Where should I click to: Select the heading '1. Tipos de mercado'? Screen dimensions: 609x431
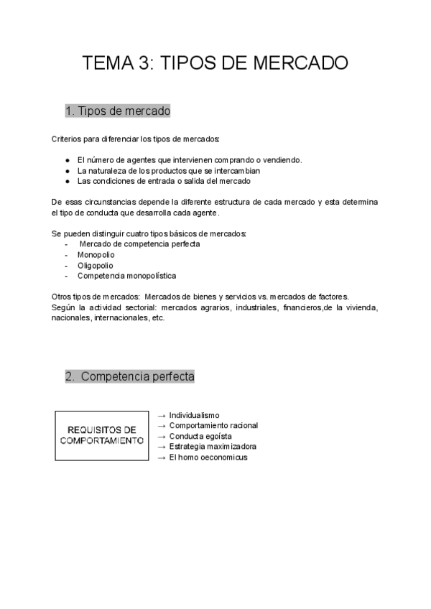118,111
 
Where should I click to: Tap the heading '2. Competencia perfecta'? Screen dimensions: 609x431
130,376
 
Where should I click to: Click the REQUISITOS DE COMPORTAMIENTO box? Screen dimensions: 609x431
101,435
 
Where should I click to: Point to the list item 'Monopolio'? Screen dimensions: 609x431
96,254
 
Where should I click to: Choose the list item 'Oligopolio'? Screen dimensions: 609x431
95,265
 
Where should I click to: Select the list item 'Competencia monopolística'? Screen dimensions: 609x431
126,276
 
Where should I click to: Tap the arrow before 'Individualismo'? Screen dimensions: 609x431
161,415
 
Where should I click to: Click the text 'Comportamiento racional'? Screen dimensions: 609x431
213,426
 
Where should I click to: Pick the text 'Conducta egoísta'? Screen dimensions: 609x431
200,436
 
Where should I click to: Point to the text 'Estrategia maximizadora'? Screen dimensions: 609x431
213,447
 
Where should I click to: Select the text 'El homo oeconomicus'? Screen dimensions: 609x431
208,457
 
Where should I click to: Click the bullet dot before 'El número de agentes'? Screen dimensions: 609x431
67,160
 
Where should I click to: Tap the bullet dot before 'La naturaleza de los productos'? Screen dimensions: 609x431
67,171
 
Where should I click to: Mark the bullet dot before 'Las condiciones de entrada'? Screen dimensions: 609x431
67,182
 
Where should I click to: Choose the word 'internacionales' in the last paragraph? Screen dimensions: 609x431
119,318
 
